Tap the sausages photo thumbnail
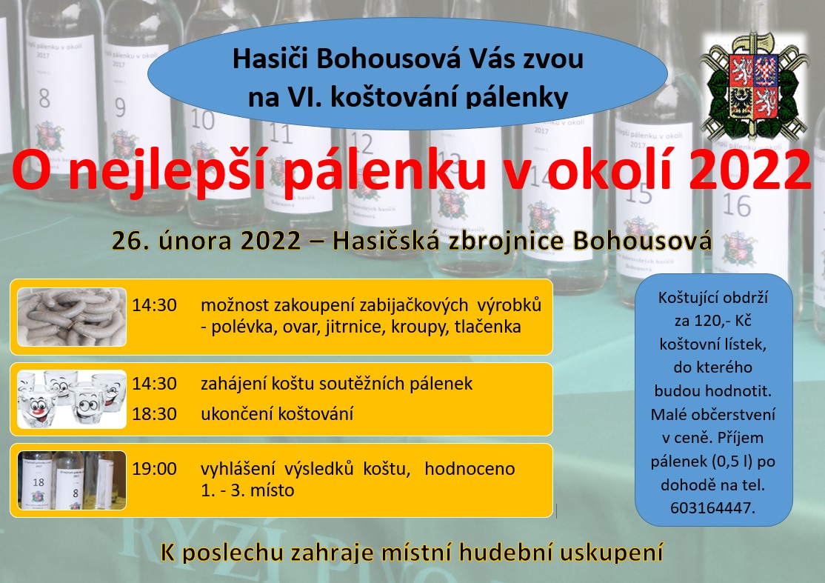point(72,317)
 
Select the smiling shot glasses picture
point(72,399)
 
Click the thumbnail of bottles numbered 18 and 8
point(72,480)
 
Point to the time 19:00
point(154,469)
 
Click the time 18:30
point(154,413)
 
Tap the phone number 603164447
point(713,507)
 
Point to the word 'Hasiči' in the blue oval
point(271,59)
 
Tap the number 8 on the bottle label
point(44,98)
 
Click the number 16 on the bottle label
point(735,205)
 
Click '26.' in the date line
point(127,241)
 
